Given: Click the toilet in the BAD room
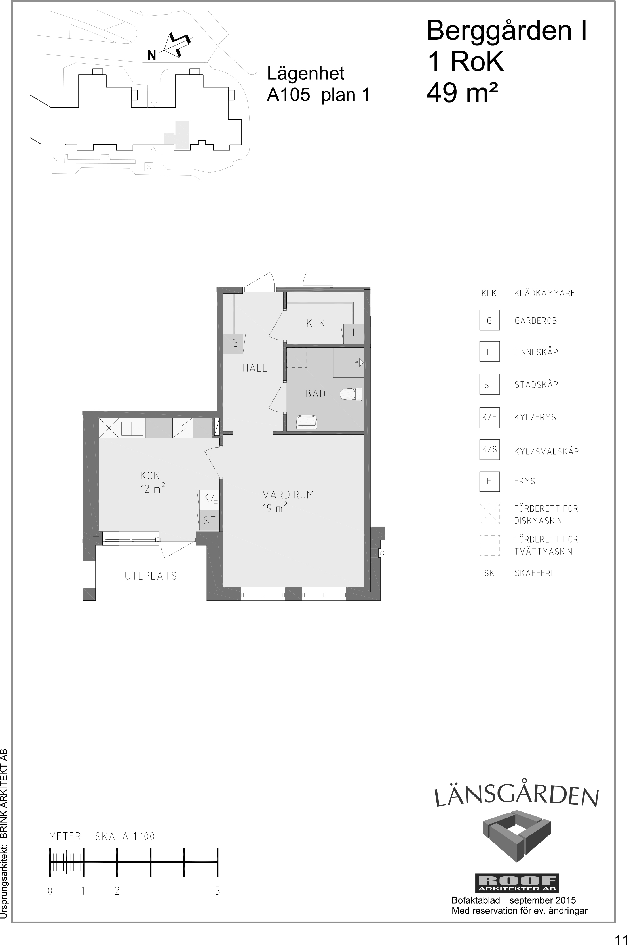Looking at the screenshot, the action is click(x=351, y=394).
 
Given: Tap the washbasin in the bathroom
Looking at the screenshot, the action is click(x=307, y=422).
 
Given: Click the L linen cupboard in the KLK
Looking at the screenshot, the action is click(x=354, y=334).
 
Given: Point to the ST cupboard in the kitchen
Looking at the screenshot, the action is click(x=209, y=520).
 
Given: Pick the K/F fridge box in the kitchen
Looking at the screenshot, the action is click(x=209, y=500).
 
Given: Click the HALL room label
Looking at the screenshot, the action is click(x=255, y=368).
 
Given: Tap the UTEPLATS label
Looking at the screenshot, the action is click(x=151, y=576).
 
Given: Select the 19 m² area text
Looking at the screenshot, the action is click(x=275, y=508).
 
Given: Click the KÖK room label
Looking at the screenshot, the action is click(x=150, y=475).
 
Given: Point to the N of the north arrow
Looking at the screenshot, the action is click(x=151, y=55).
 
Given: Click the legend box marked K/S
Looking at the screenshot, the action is click(x=489, y=449).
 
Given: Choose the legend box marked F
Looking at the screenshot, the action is click(x=489, y=481).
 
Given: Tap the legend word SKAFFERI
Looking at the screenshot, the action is click(x=533, y=573).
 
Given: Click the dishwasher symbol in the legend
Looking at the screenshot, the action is click(x=489, y=513).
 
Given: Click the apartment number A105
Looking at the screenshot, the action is click(x=288, y=95).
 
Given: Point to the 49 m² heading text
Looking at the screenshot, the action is click(x=462, y=93).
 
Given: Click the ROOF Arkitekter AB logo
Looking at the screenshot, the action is click(x=517, y=883).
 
